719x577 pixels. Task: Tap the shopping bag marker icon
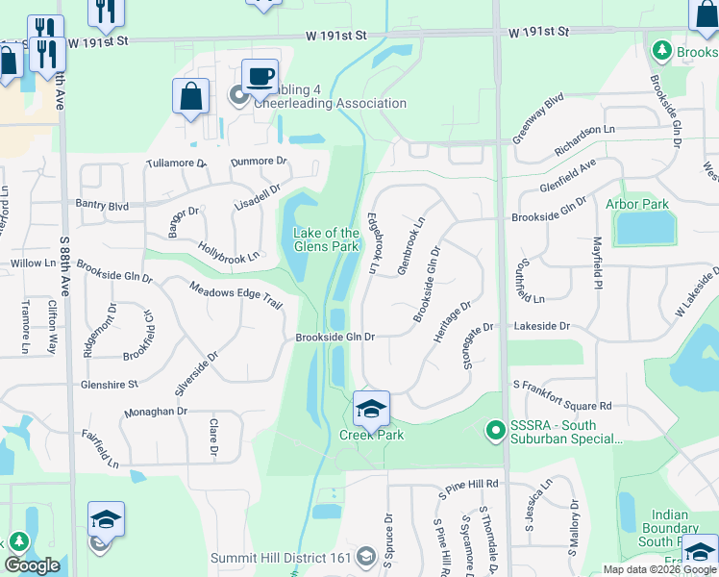click(x=191, y=97)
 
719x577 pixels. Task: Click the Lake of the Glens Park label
click(x=326, y=239)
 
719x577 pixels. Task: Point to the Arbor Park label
click(x=636, y=204)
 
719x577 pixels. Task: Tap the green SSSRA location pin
click(x=496, y=429)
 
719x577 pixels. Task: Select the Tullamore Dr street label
click(x=176, y=163)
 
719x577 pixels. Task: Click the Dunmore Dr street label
click(x=259, y=162)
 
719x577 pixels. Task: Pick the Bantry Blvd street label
click(x=103, y=205)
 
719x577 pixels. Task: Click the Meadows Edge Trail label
click(x=236, y=295)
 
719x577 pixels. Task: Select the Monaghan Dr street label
click(x=155, y=411)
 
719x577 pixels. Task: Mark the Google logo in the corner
click(x=32, y=564)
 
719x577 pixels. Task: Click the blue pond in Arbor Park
click(x=644, y=228)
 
